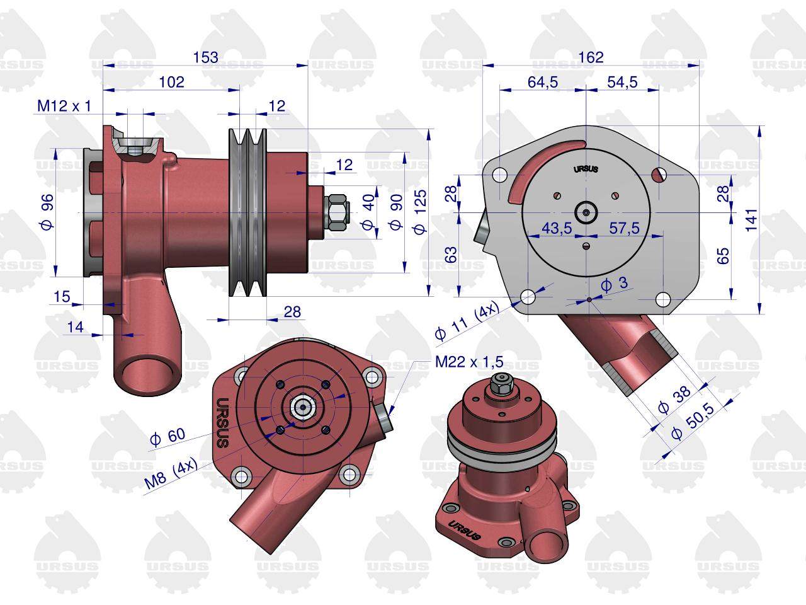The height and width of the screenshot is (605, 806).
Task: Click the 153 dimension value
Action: (206, 57)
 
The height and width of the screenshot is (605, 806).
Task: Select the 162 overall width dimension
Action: (591, 57)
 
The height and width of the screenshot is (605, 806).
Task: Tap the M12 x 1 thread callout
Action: (64, 106)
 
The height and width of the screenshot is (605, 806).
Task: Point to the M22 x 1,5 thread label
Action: (469, 362)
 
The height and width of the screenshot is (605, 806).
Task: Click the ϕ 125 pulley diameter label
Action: (420, 212)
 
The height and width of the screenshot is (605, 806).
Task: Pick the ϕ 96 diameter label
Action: (47, 212)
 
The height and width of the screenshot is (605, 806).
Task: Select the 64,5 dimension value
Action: (543, 82)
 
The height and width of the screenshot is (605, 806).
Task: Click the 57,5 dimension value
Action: (624, 229)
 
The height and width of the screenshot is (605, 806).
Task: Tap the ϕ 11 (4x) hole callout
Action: (467, 321)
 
